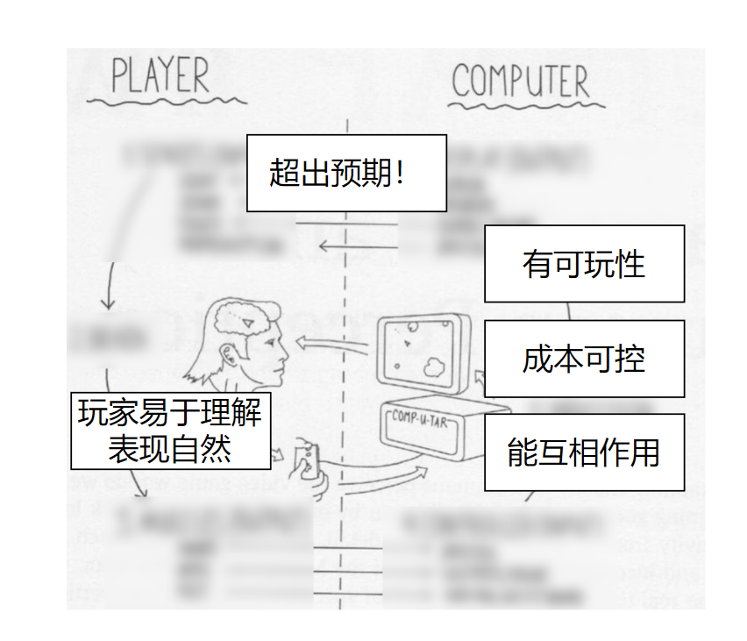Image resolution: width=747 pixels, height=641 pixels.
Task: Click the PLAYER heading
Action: coord(160,76)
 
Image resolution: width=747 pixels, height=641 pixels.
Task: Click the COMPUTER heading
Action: coord(521,82)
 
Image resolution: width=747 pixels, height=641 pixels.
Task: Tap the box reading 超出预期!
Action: coord(346,173)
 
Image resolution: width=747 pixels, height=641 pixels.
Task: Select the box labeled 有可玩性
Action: coord(584,263)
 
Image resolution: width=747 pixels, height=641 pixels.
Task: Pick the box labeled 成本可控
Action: coord(584,359)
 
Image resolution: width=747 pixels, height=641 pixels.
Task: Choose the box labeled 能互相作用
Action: coord(584,452)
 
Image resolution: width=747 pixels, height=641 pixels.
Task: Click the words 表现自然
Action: coord(170,449)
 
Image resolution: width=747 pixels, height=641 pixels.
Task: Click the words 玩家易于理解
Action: coord(170,412)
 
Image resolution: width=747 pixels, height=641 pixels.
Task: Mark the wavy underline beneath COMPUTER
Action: coord(524,106)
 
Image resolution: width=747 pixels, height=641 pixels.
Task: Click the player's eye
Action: coord(272,342)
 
